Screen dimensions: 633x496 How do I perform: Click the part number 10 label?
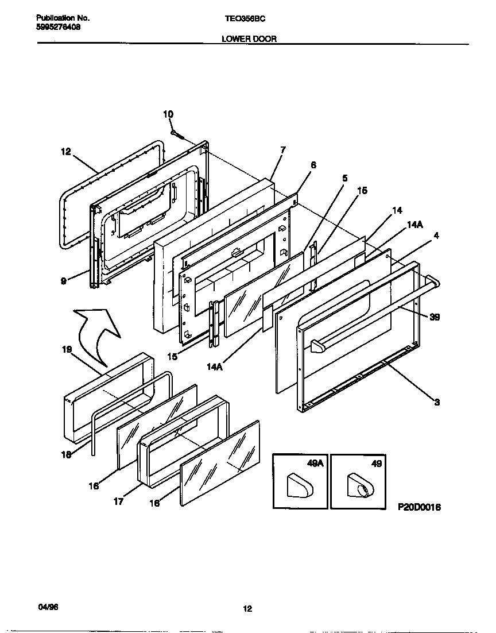[x=168, y=114]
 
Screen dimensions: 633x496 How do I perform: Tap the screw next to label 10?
[x=177, y=135]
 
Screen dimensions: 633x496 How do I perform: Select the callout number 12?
[x=66, y=152]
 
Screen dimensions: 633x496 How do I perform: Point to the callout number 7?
[x=282, y=150]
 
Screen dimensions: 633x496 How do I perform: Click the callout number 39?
[x=435, y=317]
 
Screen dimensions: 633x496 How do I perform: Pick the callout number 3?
[x=437, y=403]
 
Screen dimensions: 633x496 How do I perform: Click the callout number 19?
[x=67, y=349]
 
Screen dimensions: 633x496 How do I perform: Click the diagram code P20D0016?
[x=418, y=508]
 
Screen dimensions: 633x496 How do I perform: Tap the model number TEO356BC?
[x=244, y=18]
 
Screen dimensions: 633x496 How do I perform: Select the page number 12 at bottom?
[x=247, y=609]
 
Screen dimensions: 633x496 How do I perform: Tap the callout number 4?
[x=436, y=235]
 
